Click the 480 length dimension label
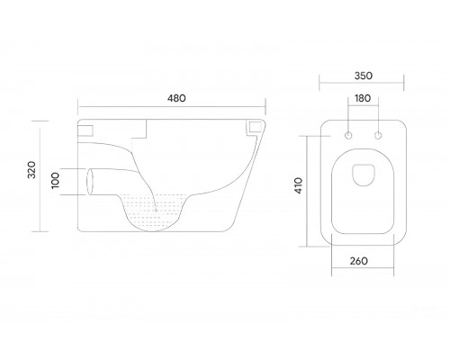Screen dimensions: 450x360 point(176,98)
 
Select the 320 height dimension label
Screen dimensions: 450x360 point(31,170)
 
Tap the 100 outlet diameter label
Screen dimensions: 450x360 point(56,181)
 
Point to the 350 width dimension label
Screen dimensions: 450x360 point(364,76)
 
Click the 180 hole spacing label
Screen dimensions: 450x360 point(363,98)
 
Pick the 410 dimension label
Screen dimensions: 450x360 point(299,185)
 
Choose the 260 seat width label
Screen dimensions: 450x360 point(359,261)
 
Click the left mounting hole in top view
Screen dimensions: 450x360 point(348,136)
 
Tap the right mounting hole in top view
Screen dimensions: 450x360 point(378,136)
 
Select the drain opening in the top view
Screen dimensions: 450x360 point(364,175)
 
